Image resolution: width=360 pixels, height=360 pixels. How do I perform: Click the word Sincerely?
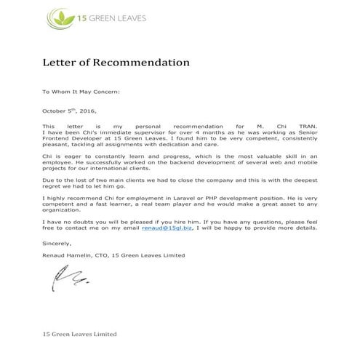(57, 244)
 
